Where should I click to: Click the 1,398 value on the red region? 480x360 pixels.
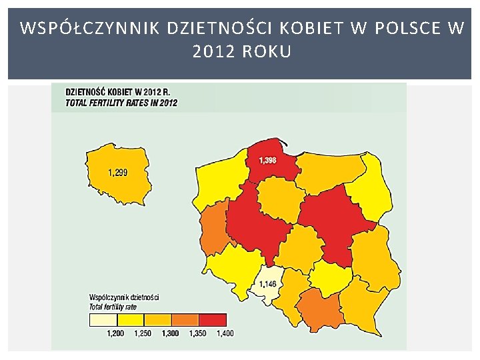[x=267, y=160]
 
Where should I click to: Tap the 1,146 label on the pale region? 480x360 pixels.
[x=267, y=284]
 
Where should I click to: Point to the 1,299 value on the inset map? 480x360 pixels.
[x=118, y=173]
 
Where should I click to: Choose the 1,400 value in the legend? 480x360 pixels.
[x=225, y=333]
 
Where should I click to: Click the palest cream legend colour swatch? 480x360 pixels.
[x=103, y=320]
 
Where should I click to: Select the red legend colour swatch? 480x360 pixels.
[x=213, y=320]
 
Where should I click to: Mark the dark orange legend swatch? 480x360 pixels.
[x=185, y=320]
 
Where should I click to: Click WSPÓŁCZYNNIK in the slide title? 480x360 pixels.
[x=90, y=28]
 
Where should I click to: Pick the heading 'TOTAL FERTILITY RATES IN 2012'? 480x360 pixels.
[x=121, y=103]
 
